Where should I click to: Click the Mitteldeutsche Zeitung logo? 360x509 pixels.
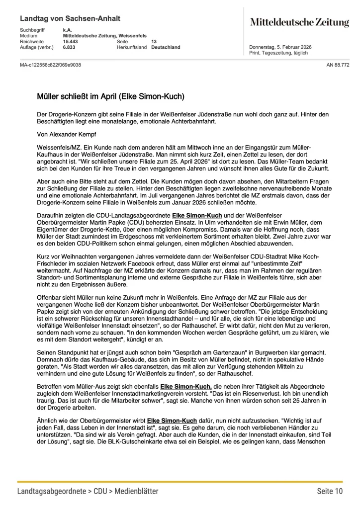click(x=299, y=22)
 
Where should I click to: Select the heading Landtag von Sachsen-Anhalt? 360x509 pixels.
click(x=70, y=18)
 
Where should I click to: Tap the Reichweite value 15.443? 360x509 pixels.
click(x=71, y=42)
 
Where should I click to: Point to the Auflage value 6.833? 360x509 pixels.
click(x=69, y=47)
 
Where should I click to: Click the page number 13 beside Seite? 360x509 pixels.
click(x=154, y=42)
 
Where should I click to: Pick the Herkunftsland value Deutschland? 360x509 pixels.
click(x=166, y=47)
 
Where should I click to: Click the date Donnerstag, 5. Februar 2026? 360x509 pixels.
click(x=280, y=47)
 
